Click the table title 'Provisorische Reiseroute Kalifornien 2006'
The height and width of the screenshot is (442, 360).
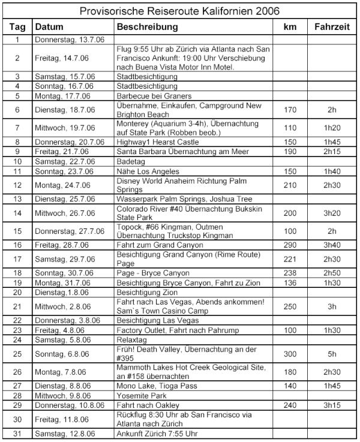pyautogui.click(x=180, y=11)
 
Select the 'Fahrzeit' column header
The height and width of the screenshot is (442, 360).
pyautogui.click(x=329, y=27)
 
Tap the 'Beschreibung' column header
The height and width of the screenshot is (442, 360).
pyautogui.click(x=147, y=27)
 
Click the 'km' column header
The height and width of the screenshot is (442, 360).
pyautogui.click(x=290, y=27)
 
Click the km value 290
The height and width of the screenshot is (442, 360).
pyautogui.click(x=290, y=245)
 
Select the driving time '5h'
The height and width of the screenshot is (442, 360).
pyautogui.click(x=329, y=354)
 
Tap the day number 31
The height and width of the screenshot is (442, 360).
pyautogui.click(x=17, y=434)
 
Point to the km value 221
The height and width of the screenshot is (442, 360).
pyautogui.click(x=290, y=258)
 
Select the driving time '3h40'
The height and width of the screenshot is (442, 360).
pyautogui.click(x=329, y=245)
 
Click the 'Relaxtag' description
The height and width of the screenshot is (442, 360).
pyautogui.click(x=133, y=339)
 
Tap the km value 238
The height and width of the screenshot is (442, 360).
pyautogui.click(x=290, y=272)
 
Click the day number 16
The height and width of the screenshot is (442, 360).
pyautogui.click(x=17, y=245)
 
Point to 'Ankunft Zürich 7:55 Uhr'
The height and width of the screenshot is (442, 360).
pyautogui.click(x=158, y=434)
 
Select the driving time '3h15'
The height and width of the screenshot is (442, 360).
pyautogui.click(x=329, y=406)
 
